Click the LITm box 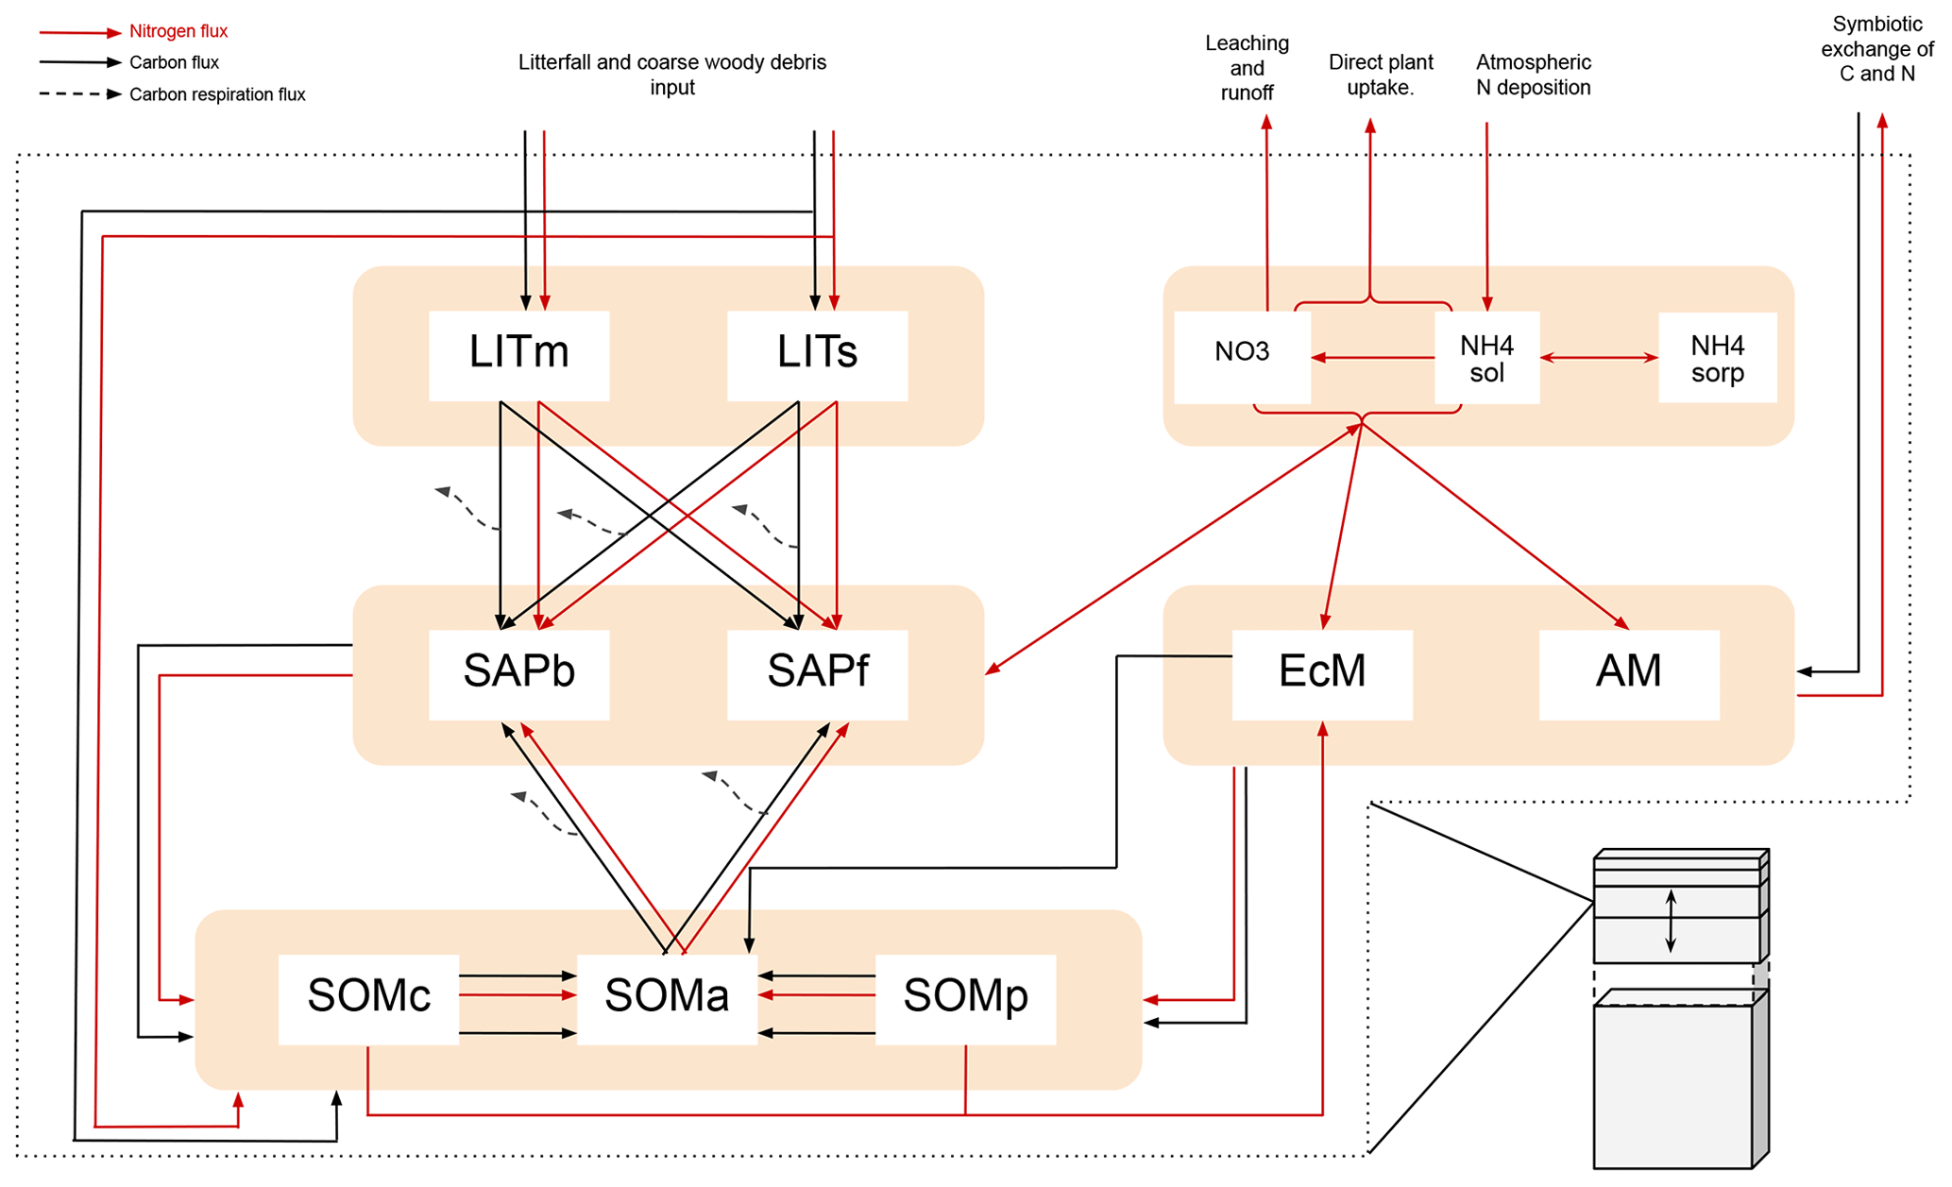(518, 354)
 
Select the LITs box (817, 354)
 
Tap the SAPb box (518, 673)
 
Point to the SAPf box (817, 673)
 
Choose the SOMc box (368, 998)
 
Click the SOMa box (667, 998)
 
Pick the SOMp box (965, 998)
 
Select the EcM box (1322, 673)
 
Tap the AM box (1629, 673)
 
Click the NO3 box (1242, 354)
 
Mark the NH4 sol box (1486, 358)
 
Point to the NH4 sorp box (1717, 358)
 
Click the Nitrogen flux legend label (178, 31)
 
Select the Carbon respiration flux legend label (217, 94)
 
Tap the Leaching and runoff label (1247, 68)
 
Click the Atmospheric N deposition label (1533, 75)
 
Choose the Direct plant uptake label (1381, 75)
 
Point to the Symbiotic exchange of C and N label (1876, 49)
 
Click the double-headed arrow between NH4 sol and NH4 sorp (1599, 358)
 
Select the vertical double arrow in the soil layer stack (1671, 921)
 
